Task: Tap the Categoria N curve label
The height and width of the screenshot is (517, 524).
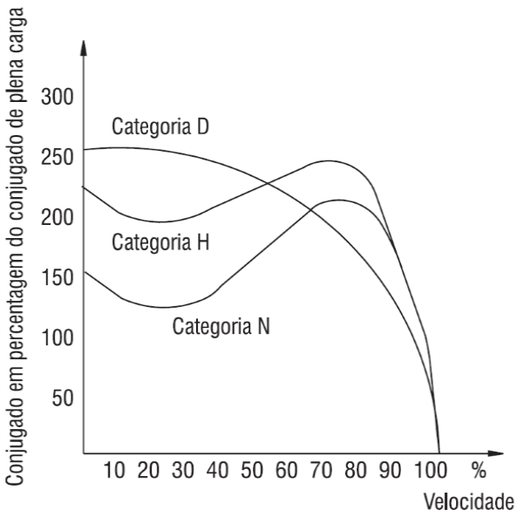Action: tap(221, 328)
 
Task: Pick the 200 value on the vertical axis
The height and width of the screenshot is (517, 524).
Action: tap(57, 215)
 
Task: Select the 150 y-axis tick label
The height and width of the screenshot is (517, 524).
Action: tap(57, 276)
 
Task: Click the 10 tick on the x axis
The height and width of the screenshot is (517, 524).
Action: tap(115, 472)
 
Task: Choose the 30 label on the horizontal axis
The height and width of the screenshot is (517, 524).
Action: tap(183, 472)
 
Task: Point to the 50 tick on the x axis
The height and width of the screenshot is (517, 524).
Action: tap(252, 472)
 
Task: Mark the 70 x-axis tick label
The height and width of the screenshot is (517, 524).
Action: tap(321, 472)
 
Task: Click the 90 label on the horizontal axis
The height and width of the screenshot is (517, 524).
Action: tap(390, 472)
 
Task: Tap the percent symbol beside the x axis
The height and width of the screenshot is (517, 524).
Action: tap(478, 472)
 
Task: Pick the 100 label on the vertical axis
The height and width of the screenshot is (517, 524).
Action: tap(57, 337)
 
